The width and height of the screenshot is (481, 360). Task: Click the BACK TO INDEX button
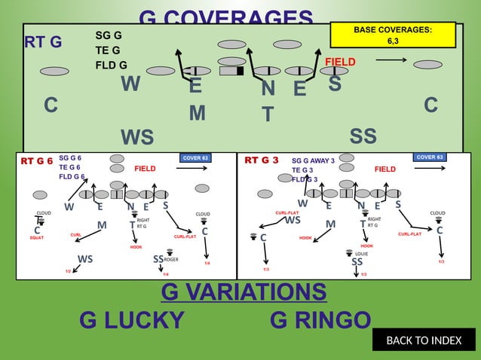[x=424, y=340]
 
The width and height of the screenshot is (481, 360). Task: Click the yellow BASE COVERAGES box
[x=393, y=35]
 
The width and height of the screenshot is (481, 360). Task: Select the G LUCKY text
[x=132, y=321]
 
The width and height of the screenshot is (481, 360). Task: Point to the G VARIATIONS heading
[x=244, y=291]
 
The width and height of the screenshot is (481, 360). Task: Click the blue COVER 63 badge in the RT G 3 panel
[x=430, y=157]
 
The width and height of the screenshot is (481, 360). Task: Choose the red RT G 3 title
[x=262, y=160]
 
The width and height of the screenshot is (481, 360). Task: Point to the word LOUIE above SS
[x=361, y=254]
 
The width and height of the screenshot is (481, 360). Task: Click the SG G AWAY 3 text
[x=313, y=160]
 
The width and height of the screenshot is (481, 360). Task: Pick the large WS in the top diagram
[x=137, y=138]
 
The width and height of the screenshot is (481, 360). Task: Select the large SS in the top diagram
[x=363, y=136]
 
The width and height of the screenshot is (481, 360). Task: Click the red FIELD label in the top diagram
[x=340, y=61]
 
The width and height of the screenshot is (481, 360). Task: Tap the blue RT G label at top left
[x=43, y=41]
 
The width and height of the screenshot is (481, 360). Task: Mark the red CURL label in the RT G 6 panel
[x=75, y=235]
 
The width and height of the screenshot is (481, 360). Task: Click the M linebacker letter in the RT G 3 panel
[x=330, y=224]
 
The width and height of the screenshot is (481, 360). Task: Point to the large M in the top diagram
[x=197, y=113]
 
